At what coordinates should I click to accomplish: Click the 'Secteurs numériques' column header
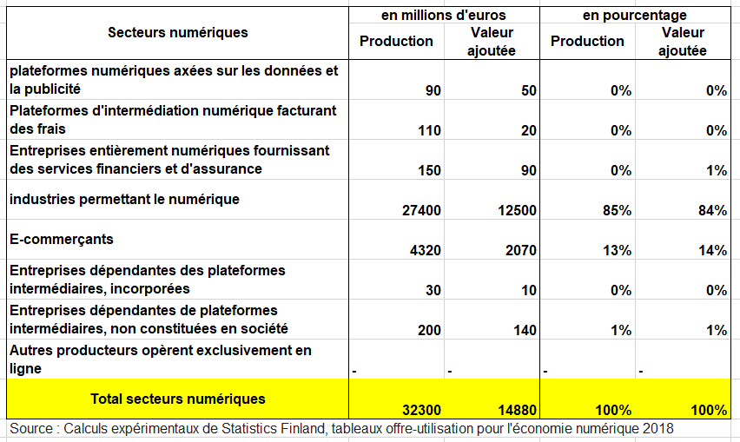click(x=177, y=32)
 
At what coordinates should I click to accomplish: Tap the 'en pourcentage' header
click(x=634, y=15)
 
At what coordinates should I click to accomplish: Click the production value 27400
click(x=422, y=210)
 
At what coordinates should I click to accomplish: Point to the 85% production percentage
click(x=618, y=210)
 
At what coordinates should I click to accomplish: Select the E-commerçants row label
click(x=62, y=239)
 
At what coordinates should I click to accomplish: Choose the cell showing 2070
click(x=519, y=250)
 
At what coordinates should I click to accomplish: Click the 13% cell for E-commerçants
click(x=618, y=250)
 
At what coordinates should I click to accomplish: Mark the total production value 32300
click(x=422, y=410)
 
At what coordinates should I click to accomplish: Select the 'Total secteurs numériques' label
click(x=177, y=399)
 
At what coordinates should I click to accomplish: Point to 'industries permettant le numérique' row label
click(x=124, y=199)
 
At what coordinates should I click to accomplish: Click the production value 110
click(x=429, y=130)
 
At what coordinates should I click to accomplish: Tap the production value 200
click(x=429, y=330)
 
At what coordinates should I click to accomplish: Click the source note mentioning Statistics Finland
click(x=341, y=428)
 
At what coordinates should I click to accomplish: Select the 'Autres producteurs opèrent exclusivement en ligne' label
click(x=160, y=359)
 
